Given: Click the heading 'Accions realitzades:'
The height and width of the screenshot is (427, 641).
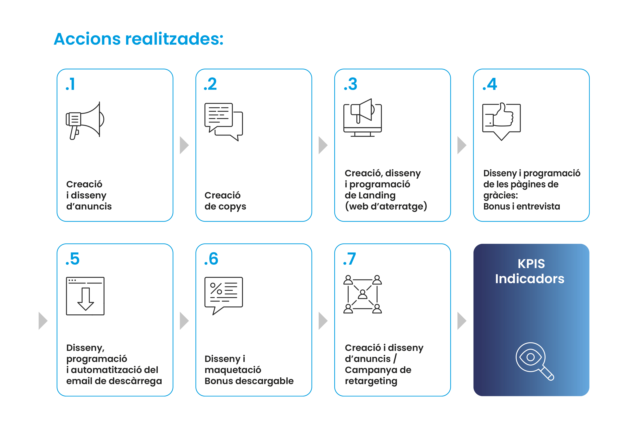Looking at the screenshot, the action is tap(138, 39).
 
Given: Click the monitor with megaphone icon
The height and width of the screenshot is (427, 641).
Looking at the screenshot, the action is tap(363, 118).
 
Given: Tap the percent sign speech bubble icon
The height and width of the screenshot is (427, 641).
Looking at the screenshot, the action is tap(223, 296).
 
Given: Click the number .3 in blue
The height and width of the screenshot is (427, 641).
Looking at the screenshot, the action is tap(350, 84).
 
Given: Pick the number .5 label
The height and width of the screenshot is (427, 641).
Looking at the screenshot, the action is tap(73, 259).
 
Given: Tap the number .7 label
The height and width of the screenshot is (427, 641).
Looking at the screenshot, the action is tap(349, 259).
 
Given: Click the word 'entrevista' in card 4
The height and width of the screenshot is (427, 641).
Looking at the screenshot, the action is tap(538, 206).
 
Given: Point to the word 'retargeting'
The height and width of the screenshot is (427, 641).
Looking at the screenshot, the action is tap(371, 381).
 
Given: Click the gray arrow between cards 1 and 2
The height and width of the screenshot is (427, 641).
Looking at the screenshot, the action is tap(184, 145).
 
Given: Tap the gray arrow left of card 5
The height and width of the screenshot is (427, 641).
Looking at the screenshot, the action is tap(43, 321).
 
